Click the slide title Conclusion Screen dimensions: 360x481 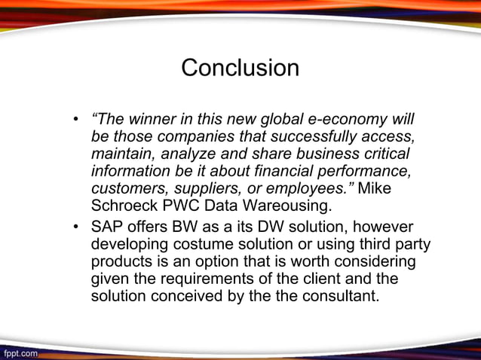pyautogui.click(x=240, y=69)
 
